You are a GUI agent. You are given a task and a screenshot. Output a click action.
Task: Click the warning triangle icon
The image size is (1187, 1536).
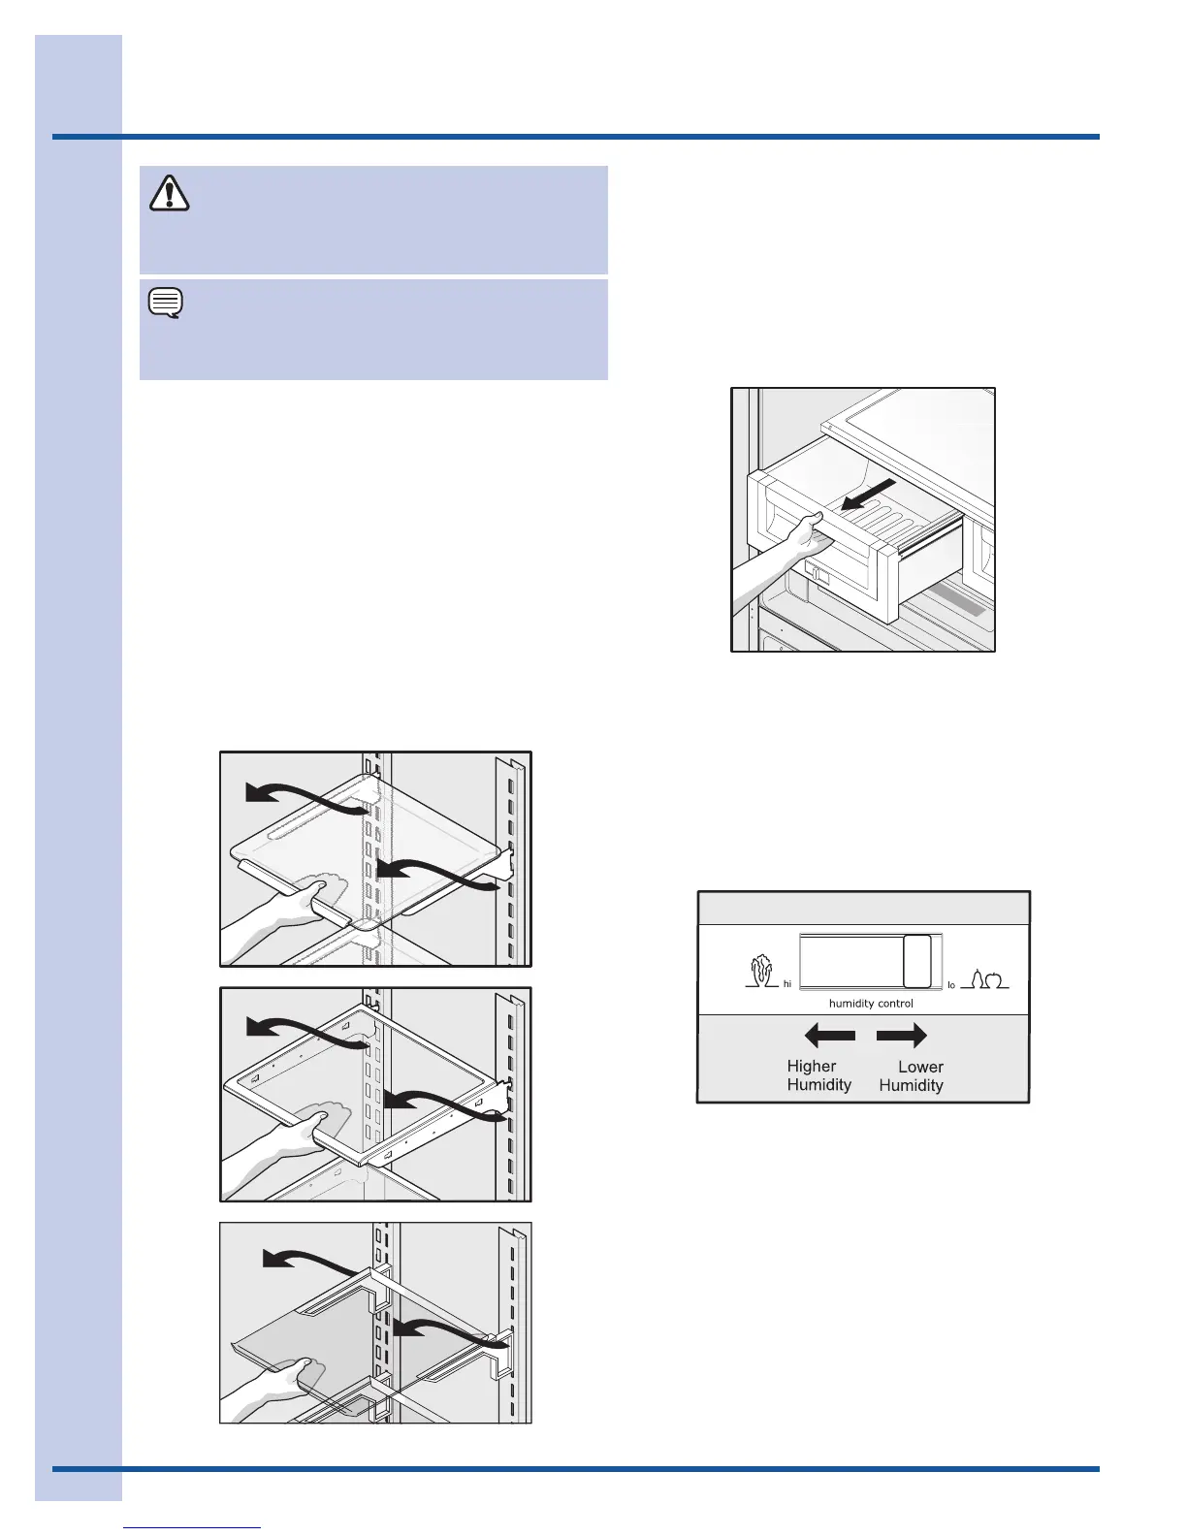tap(170, 193)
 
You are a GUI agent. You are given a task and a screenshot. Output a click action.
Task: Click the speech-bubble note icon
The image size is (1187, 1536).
tap(166, 304)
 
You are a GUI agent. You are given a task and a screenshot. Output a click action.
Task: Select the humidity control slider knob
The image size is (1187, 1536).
tap(916, 961)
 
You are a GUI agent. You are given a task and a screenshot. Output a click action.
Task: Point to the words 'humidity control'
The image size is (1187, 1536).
tap(871, 1004)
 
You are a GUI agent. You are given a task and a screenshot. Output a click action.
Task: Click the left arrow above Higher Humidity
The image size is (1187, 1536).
tap(830, 1036)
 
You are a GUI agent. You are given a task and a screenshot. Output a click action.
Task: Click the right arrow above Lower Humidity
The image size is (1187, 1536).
tap(902, 1036)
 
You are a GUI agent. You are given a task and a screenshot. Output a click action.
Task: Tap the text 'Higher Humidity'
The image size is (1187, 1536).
tap(818, 1075)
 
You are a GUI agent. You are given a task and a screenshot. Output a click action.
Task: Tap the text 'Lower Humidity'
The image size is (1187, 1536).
tap(912, 1076)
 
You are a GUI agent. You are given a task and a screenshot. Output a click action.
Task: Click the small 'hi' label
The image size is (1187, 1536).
tap(787, 984)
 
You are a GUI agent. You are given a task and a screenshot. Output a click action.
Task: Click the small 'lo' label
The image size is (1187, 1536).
tap(951, 985)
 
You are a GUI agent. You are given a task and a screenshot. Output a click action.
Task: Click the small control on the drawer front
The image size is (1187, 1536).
tap(817, 575)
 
